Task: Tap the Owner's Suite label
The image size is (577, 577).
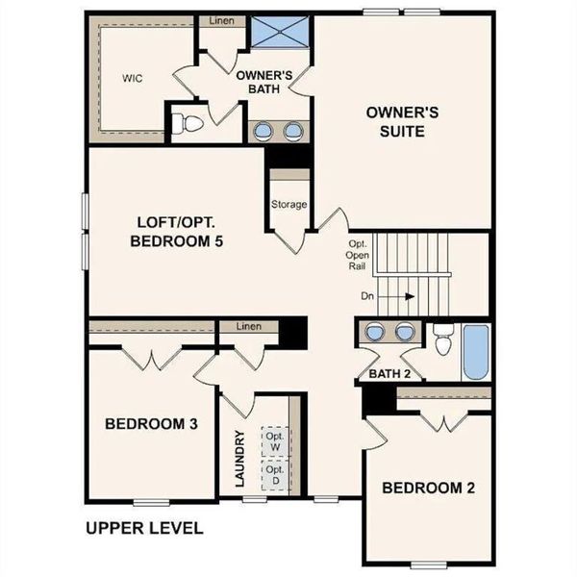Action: pos(403,121)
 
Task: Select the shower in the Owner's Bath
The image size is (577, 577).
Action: pos(280,35)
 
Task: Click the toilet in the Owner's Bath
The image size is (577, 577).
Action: pos(188,123)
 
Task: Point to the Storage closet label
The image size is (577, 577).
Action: pos(288,204)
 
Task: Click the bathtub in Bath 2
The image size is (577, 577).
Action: pos(475,354)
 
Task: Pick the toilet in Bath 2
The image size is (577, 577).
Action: pos(443,340)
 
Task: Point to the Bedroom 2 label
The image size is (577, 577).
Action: pos(428,488)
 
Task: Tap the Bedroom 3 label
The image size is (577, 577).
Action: pos(152,424)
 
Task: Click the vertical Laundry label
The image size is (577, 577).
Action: pos(239,457)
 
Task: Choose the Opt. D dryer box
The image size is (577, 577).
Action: pos(277,476)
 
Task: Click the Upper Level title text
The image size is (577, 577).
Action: pos(143,528)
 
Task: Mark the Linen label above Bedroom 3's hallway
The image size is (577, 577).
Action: pos(248,327)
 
